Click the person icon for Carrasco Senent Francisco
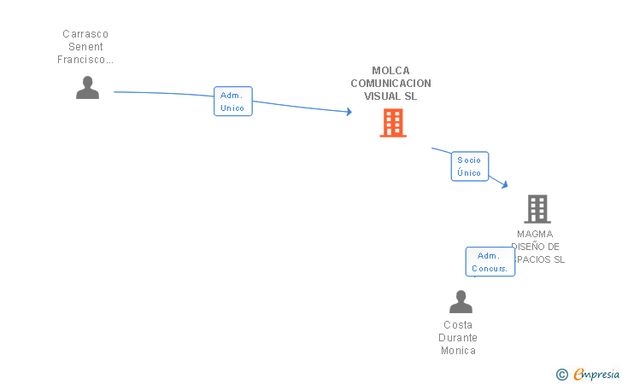pyautogui.click(x=87, y=88)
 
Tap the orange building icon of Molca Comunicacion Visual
pyautogui.click(x=392, y=123)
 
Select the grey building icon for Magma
pyautogui.click(x=537, y=208)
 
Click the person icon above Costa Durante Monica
pyautogui.click(x=461, y=301)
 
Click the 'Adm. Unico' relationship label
pyautogui.click(x=232, y=102)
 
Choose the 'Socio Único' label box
pyautogui.click(x=469, y=166)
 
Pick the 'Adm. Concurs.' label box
pyautogui.click(x=490, y=262)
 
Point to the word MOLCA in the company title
pyautogui.click(x=390, y=71)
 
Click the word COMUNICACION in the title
pyautogui.click(x=390, y=84)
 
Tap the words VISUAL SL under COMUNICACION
pyautogui.click(x=390, y=96)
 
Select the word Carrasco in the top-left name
pyautogui.click(x=85, y=34)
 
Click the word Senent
pyautogui.click(x=85, y=47)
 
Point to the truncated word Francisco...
pyautogui.click(x=85, y=60)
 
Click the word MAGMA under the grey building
pyautogui.click(x=535, y=234)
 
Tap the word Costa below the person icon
pyautogui.click(x=458, y=325)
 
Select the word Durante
pyautogui.click(x=458, y=338)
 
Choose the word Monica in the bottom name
pyautogui.click(x=458, y=351)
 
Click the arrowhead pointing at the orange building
pyautogui.click(x=349, y=112)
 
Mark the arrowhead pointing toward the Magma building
pyautogui.click(x=506, y=184)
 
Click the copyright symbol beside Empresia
pyautogui.click(x=561, y=375)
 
